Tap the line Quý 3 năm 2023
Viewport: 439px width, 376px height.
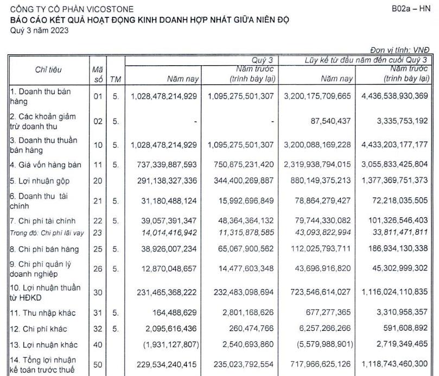(x=40, y=30)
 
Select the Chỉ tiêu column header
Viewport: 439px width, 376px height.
(x=49, y=70)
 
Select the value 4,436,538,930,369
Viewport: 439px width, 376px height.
(x=393, y=96)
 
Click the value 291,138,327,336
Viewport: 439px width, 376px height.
(x=164, y=180)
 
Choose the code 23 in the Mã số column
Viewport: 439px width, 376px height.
(x=98, y=232)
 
